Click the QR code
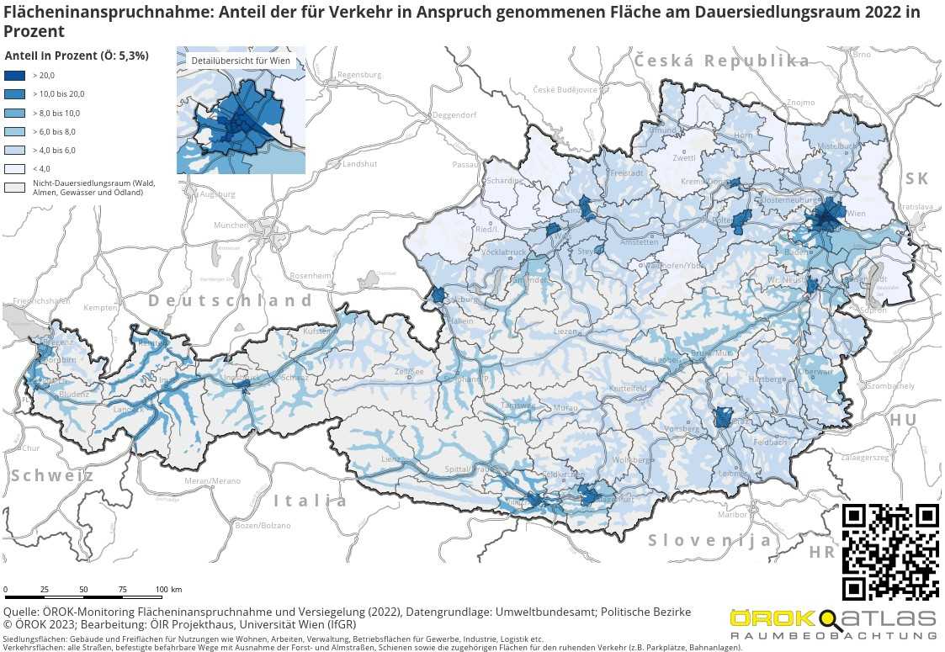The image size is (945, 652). (890, 552)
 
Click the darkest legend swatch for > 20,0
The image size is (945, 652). (15, 76)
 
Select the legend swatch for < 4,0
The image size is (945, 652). (15, 168)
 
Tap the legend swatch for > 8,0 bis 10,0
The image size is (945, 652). (15, 113)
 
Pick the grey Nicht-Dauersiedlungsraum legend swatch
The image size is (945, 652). (15, 187)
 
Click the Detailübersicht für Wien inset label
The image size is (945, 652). (241, 61)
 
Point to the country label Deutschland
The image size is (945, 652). (231, 300)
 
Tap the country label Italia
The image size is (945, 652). (310, 501)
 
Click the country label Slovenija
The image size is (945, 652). (709, 540)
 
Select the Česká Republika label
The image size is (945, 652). (721, 61)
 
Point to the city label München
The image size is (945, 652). (231, 225)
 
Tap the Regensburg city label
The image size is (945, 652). (359, 75)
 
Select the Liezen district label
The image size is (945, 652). (565, 331)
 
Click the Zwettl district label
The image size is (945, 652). (684, 158)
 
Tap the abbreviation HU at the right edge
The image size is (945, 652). (903, 420)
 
